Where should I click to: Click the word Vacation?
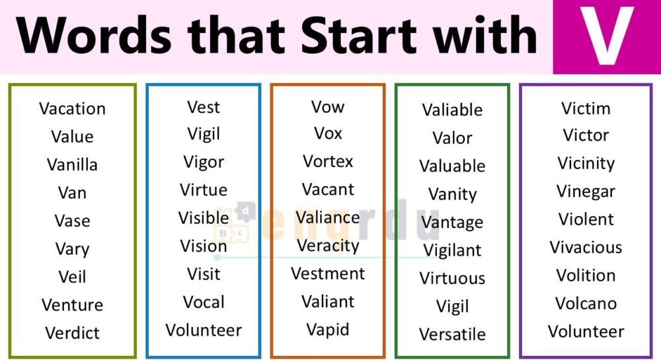click(72, 109)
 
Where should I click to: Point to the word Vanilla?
click(72, 165)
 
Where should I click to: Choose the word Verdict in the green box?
click(72, 333)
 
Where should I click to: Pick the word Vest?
click(204, 107)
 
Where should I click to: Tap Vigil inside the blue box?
click(204, 135)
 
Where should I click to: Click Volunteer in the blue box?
click(204, 330)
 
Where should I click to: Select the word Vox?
click(328, 133)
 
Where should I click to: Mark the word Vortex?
click(328, 162)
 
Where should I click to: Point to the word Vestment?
click(328, 273)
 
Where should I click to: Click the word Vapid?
click(328, 330)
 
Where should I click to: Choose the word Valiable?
click(452, 110)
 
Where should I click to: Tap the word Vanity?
click(452, 194)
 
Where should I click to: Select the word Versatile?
click(452, 334)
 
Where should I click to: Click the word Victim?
click(586, 108)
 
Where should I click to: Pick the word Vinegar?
click(586, 192)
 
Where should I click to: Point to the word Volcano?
click(586, 304)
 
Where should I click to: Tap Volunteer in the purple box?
click(586, 332)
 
